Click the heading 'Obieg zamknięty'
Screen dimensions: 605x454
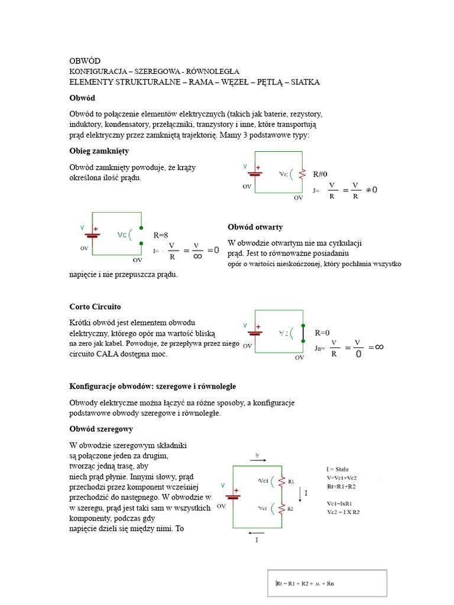coord(99,151)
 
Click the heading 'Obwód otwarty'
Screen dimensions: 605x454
coord(255,227)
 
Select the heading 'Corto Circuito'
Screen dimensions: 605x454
coord(95,307)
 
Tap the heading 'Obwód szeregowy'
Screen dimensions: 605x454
coord(101,429)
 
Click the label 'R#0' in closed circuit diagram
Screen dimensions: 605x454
coord(320,174)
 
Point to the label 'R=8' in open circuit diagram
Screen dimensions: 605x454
coord(161,235)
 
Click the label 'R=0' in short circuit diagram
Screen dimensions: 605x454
coord(322,333)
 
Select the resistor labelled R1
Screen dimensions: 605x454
coord(282,481)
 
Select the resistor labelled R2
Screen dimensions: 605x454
coord(282,508)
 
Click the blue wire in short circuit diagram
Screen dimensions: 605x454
coord(303,334)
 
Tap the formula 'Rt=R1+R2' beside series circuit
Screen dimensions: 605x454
coord(341,486)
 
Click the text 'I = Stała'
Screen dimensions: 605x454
coord(338,469)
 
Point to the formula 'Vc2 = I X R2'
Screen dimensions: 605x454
coord(343,512)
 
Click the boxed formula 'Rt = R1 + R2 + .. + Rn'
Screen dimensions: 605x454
coord(305,584)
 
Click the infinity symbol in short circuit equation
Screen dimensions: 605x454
coord(380,347)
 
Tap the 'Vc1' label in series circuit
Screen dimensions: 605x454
coord(264,480)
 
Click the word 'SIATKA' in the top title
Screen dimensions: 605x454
coord(301,82)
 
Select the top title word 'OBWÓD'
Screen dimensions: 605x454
coord(85,61)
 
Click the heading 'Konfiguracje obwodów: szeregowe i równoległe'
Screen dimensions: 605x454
coord(153,386)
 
